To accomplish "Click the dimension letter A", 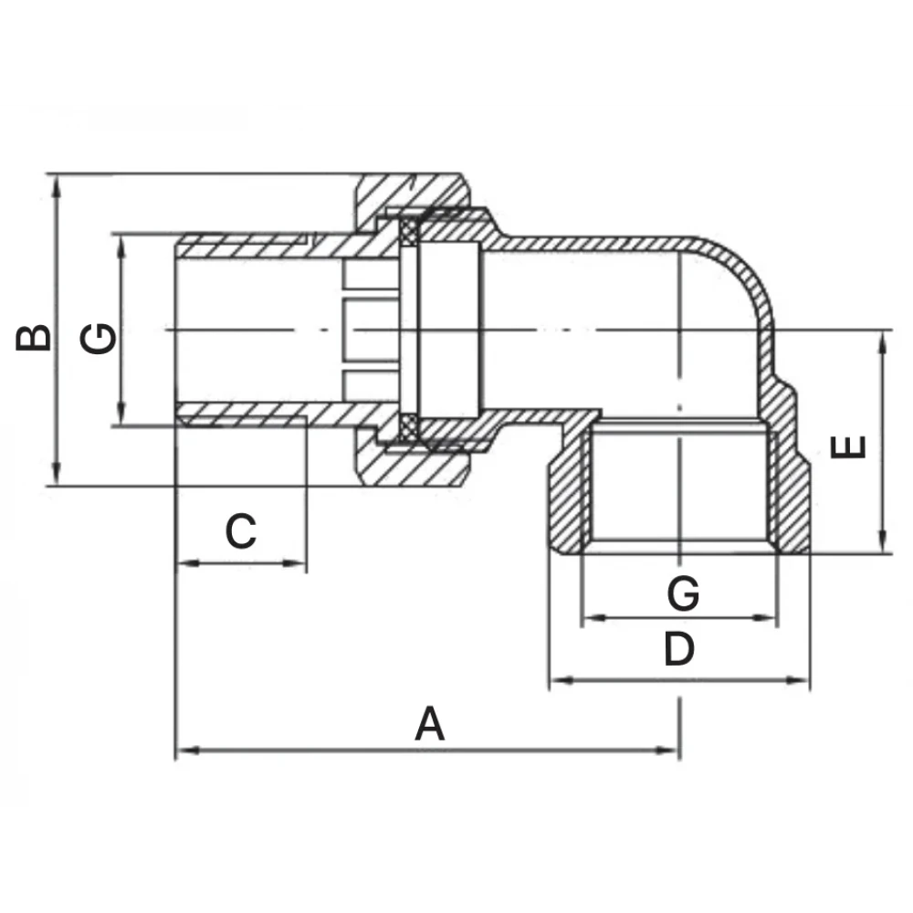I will tap(430, 725).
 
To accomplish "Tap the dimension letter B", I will tap(35, 336).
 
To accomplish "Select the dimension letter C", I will tap(241, 530).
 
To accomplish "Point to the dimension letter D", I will tap(678, 649).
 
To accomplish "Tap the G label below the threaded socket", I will tap(682, 594).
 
